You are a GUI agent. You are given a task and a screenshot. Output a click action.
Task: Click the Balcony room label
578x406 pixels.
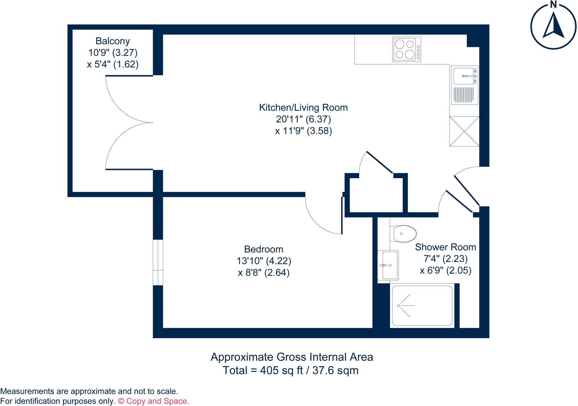[x=113, y=41]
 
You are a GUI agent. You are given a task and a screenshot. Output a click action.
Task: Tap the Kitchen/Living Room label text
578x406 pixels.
[x=303, y=108]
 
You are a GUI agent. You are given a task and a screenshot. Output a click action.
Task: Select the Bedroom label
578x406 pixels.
[x=263, y=249]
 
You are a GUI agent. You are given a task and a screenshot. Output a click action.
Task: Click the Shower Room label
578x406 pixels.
[x=445, y=247]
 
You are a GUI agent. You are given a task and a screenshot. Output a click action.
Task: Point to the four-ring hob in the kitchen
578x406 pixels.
[x=406, y=49]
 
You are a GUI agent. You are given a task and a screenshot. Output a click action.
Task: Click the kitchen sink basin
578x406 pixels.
[x=463, y=76]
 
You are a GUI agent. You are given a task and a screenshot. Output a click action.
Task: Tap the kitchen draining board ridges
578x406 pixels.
[x=463, y=95]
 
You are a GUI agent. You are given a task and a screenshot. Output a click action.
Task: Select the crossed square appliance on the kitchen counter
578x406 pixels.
[x=464, y=131]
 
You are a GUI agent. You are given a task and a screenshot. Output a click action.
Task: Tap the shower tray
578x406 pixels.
[x=422, y=305]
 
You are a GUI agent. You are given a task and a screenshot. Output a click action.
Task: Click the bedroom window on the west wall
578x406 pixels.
[x=158, y=262]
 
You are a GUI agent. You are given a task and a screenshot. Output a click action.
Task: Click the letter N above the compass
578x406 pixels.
[x=553, y=4]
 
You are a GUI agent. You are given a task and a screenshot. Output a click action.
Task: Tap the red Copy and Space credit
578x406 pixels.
[x=153, y=401]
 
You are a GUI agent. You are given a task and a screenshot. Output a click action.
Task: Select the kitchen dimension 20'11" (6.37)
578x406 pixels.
[x=303, y=119]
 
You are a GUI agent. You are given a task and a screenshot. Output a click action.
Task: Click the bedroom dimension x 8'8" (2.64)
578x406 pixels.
[x=264, y=273]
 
